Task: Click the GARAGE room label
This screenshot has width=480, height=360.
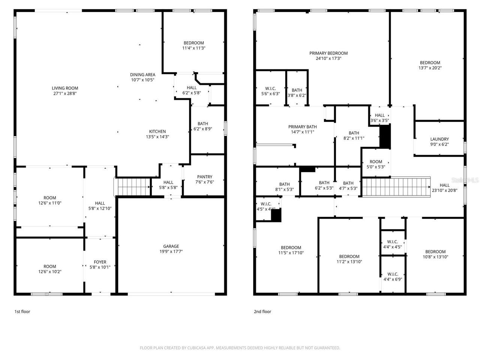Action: [x=171, y=246]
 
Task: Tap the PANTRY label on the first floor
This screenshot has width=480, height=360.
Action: [x=204, y=177]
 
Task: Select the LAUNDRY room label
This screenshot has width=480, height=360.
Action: [x=439, y=139]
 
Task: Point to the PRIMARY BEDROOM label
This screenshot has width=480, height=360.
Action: [x=328, y=53]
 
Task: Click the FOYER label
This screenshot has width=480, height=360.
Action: [x=100, y=262]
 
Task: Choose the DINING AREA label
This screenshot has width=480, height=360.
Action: [x=142, y=75]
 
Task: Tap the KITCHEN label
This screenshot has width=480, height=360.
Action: [x=157, y=132]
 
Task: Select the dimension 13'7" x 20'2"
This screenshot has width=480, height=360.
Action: [x=430, y=68]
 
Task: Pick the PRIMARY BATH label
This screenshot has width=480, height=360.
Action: [x=302, y=127]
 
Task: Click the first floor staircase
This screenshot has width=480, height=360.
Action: [x=133, y=186]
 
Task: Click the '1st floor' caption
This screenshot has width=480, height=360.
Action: [x=22, y=312]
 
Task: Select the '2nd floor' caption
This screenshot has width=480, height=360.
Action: [x=262, y=312]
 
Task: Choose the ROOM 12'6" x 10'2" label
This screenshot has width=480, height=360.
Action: [x=49, y=267]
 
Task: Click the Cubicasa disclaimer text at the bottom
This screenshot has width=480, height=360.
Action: [x=240, y=348]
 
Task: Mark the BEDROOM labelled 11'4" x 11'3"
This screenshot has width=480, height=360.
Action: [x=193, y=43]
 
